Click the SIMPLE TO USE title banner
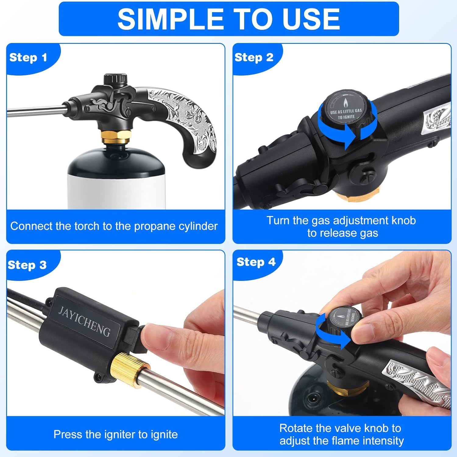[x=228, y=19]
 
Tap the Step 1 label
[x=28, y=57]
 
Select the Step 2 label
[x=254, y=57]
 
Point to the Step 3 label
[x=27, y=265]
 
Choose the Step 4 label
[x=256, y=262]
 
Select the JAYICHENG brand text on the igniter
[x=84, y=321]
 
